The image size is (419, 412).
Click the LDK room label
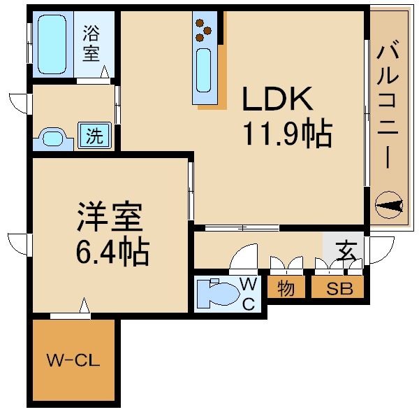pyautogui.click(x=277, y=99)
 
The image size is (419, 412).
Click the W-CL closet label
pyautogui.click(x=73, y=361)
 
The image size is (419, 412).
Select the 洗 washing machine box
pyautogui.click(x=94, y=136)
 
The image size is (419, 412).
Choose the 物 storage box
pyautogui.click(x=285, y=287)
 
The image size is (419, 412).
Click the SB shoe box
pyautogui.click(x=337, y=287)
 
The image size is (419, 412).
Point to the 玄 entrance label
pyautogui.click(x=344, y=250)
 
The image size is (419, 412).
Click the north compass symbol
pyautogui.click(x=389, y=205)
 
